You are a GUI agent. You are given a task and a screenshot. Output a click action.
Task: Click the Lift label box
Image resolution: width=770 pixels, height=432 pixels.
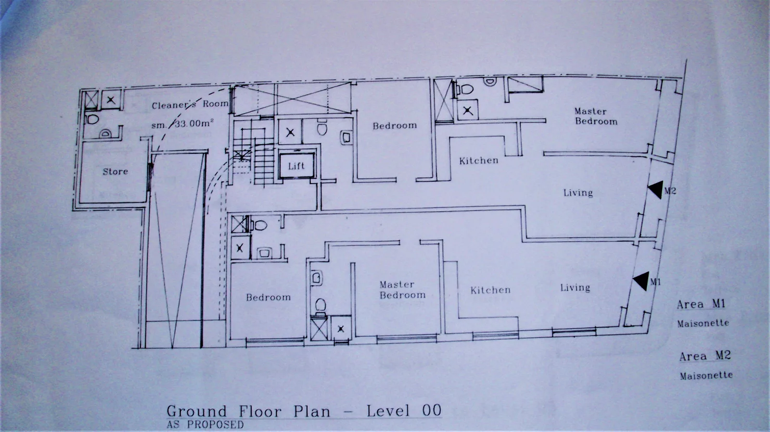click(296, 166)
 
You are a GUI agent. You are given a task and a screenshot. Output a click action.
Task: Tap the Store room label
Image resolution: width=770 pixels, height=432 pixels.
click(115, 171)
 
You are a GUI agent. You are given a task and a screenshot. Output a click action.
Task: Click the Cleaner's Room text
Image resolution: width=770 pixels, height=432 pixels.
click(190, 104)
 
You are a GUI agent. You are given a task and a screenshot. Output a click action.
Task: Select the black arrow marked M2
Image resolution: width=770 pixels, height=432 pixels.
click(655, 190)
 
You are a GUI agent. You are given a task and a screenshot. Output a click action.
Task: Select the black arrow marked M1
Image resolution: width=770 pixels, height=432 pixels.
click(641, 281)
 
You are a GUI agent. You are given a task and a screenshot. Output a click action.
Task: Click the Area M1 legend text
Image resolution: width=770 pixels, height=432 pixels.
click(701, 304)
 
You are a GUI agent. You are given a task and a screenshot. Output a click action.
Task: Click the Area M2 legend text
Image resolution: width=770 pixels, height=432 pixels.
click(705, 356)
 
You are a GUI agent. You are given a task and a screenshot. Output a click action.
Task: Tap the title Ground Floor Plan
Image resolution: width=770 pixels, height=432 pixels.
click(248, 411)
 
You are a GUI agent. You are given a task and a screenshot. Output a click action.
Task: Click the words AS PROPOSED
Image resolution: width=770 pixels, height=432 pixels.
click(205, 424)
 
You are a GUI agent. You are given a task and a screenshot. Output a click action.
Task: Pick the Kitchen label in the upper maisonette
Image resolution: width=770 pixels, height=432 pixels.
click(479, 160)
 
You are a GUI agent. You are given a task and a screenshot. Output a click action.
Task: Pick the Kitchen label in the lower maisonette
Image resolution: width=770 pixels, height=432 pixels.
click(490, 290)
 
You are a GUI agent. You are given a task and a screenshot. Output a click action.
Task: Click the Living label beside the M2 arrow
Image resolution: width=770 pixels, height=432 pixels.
click(578, 193)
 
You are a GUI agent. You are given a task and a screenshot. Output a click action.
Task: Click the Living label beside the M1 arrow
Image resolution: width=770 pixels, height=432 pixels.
click(575, 287)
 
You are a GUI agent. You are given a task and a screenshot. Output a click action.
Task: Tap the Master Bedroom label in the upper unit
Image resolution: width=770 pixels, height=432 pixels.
click(596, 116)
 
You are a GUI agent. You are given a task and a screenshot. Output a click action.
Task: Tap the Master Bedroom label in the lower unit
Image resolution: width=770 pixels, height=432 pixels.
click(402, 290)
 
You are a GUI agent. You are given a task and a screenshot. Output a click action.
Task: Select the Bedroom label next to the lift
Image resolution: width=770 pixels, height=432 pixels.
click(395, 125)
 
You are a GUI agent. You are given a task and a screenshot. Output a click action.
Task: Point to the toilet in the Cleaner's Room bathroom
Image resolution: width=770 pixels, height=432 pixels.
click(92, 119)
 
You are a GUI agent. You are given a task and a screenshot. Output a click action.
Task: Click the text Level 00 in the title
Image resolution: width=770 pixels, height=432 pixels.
click(404, 410)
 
